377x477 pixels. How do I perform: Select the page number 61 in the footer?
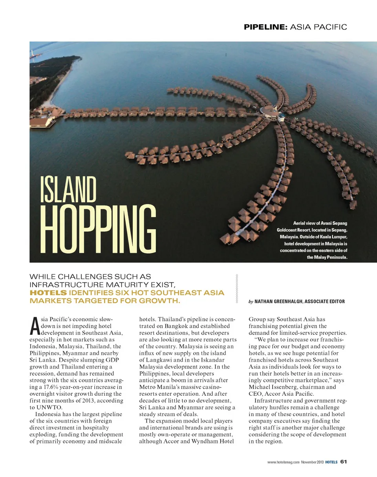343,462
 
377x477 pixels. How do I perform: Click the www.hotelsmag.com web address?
283,462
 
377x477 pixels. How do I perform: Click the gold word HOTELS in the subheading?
48,293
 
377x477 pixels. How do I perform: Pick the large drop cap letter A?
34,324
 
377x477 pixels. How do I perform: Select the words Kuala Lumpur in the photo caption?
332,237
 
